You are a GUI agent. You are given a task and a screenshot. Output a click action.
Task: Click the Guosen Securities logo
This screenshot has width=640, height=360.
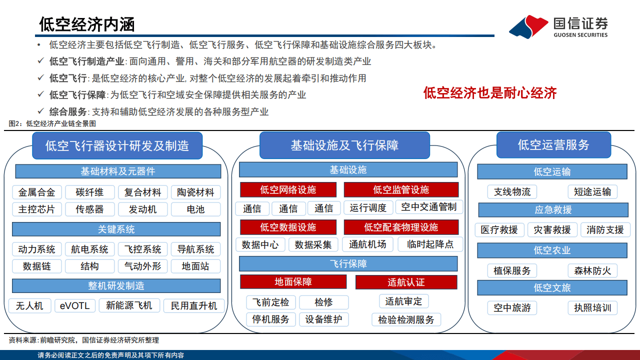click(558, 26)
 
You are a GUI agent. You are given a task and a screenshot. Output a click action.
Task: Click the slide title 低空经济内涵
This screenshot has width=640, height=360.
click(87, 23)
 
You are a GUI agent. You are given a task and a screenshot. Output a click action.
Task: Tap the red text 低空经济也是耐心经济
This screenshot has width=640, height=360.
click(489, 93)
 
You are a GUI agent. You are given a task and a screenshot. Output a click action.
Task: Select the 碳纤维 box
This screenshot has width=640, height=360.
click(89, 192)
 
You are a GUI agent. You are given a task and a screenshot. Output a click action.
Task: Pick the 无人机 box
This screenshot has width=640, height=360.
click(29, 305)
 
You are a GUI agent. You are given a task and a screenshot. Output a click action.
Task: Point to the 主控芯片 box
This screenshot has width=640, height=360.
click(36, 209)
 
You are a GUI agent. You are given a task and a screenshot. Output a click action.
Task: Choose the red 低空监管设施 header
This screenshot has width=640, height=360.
click(401, 189)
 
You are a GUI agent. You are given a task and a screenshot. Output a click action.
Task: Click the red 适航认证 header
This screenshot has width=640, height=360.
click(406, 282)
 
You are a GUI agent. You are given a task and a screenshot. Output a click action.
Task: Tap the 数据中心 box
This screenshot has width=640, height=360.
click(260, 244)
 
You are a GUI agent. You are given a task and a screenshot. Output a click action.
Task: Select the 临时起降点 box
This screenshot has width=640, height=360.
click(430, 244)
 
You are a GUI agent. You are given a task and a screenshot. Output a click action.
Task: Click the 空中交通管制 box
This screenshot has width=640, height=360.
click(428, 207)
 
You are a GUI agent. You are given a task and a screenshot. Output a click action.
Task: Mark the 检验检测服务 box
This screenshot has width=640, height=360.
click(406, 319)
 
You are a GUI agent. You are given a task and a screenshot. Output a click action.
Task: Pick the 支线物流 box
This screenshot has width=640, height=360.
click(512, 192)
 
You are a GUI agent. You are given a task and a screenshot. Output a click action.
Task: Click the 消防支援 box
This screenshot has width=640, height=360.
click(605, 229)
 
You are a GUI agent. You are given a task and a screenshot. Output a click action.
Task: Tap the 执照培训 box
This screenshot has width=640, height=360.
click(592, 307)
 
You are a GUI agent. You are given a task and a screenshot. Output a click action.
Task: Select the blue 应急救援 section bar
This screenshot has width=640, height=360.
click(552, 209)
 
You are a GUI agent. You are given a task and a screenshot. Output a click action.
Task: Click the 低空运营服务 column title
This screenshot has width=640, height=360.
click(553, 145)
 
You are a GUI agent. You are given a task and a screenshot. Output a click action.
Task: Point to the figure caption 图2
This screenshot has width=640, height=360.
click(52, 123)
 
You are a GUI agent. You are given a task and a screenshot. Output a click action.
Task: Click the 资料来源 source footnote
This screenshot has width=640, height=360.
click(83, 340)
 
